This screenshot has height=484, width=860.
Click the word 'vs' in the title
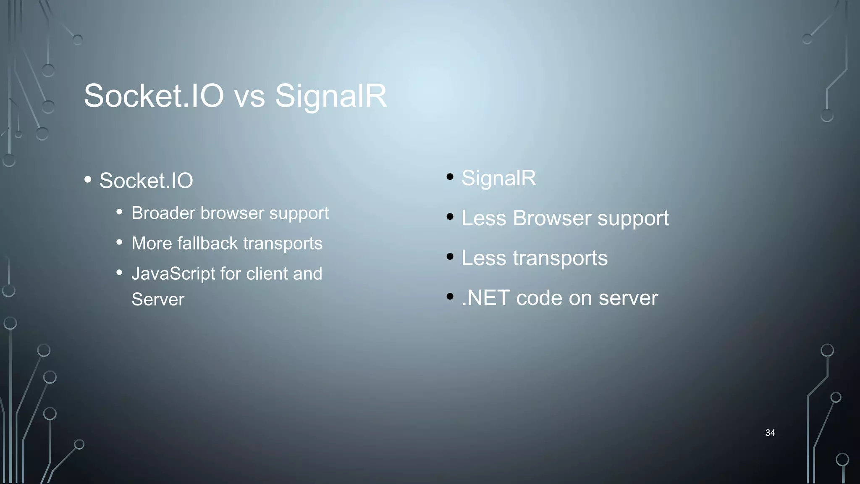(x=249, y=96)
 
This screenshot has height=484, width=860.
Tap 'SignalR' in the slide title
(x=330, y=96)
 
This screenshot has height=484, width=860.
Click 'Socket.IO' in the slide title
(x=154, y=96)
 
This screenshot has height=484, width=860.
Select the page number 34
(x=770, y=433)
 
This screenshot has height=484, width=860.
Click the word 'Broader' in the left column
(x=163, y=213)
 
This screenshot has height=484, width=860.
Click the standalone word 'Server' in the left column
(x=157, y=300)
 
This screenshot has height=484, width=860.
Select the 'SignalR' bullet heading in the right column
(x=498, y=178)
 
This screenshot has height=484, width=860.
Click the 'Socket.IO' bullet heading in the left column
(x=146, y=181)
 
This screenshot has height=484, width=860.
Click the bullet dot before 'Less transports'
(x=450, y=256)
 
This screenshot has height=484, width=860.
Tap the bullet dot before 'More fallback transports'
(x=119, y=242)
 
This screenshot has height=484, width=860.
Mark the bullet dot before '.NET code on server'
(x=450, y=296)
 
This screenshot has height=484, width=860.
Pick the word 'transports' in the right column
(x=560, y=258)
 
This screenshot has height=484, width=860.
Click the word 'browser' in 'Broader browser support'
(x=232, y=213)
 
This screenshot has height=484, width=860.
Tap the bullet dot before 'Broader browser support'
(x=119, y=212)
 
